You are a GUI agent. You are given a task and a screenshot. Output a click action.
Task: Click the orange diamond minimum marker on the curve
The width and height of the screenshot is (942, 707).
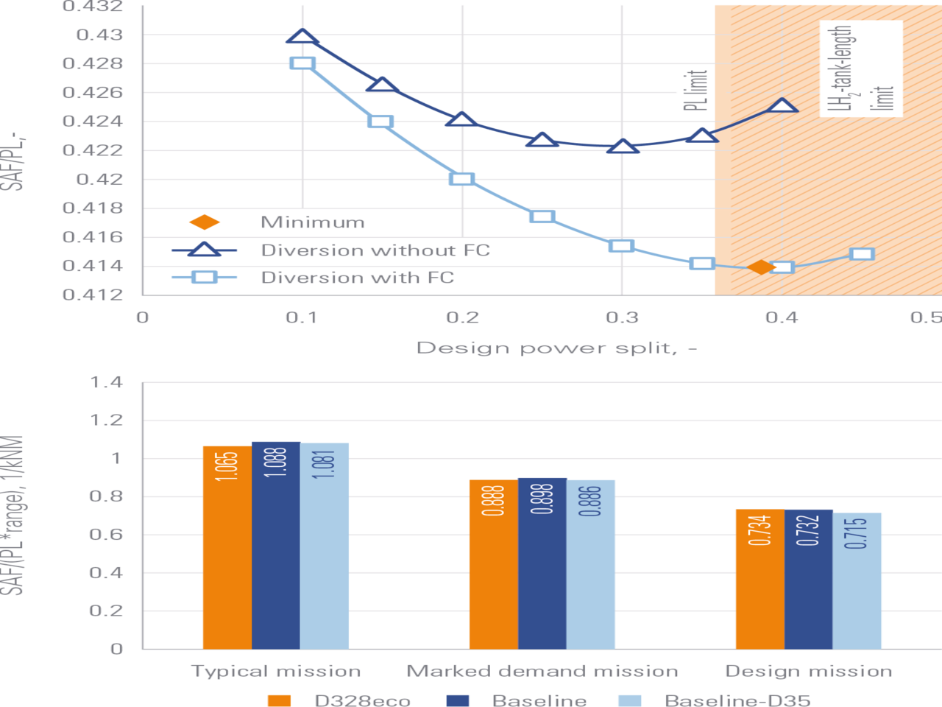click(x=761, y=267)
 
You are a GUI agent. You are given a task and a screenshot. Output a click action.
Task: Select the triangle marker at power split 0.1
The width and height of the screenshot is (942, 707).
click(x=302, y=37)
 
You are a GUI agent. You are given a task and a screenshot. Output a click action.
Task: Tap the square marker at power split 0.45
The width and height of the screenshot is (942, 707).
click(x=862, y=254)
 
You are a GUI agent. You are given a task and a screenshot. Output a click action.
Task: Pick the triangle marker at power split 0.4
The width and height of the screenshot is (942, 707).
click(x=782, y=105)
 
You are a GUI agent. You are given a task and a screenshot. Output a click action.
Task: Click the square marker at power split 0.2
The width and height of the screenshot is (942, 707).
click(x=461, y=179)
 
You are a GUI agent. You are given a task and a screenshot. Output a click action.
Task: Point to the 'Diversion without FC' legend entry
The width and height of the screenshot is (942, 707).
click(x=330, y=250)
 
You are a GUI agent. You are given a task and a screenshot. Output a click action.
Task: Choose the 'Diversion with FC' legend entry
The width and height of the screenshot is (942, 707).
click(x=313, y=278)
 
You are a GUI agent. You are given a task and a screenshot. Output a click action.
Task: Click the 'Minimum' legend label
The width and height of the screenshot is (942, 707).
click(x=313, y=222)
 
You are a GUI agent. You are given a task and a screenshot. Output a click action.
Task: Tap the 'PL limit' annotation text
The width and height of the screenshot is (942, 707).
click(x=695, y=91)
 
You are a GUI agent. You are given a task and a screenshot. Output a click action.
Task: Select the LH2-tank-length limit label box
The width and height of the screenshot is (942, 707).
click(x=861, y=68)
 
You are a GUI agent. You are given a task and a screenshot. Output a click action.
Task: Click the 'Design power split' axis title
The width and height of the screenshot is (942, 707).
click(x=556, y=348)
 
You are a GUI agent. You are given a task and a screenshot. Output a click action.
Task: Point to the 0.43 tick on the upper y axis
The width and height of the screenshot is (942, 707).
click(x=99, y=35)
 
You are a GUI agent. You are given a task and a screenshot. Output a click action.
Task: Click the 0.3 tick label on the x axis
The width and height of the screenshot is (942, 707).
click(x=622, y=317)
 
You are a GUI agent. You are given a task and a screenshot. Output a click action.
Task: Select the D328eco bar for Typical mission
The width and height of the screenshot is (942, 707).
click(x=227, y=547)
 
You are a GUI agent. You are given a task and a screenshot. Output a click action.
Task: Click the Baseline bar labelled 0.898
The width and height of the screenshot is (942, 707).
click(x=542, y=563)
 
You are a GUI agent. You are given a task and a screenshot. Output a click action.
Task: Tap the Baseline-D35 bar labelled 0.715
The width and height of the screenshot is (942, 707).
click(x=857, y=581)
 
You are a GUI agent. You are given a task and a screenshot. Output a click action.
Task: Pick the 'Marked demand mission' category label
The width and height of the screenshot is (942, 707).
click(x=542, y=672)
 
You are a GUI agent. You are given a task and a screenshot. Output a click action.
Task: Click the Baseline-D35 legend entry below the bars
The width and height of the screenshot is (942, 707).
click(x=715, y=700)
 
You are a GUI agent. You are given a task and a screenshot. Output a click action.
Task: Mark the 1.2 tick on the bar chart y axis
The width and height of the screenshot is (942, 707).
click(x=107, y=421)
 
